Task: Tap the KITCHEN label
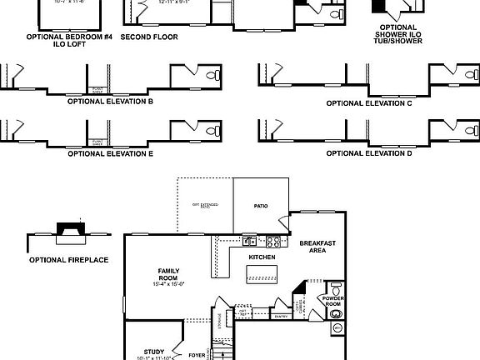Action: click(x=262, y=257)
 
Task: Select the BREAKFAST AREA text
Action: click(x=317, y=247)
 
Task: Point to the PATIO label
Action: click(x=261, y=205)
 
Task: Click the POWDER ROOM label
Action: click(x=334, y=301)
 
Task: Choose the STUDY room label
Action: click(x=153, y=351)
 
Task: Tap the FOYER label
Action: click(x=197, y=355)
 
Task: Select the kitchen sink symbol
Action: click(x=249, y=242)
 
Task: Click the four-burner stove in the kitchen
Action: click(x=272, y=242)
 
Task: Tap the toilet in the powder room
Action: click(x=337, y=287)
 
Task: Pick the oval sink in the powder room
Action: click(x=337, y=327)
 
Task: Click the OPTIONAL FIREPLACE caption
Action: click(x=69, y=260)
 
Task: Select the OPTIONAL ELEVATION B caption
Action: click(x=110, y=102)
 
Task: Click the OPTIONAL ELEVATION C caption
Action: click(x=369, y=103)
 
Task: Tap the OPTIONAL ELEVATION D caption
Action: click(x=369, y=153)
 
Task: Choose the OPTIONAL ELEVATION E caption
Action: click(x=110, y=153)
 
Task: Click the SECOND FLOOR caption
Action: click(x=147, y=37)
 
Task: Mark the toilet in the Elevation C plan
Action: click(x=467, y=76)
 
